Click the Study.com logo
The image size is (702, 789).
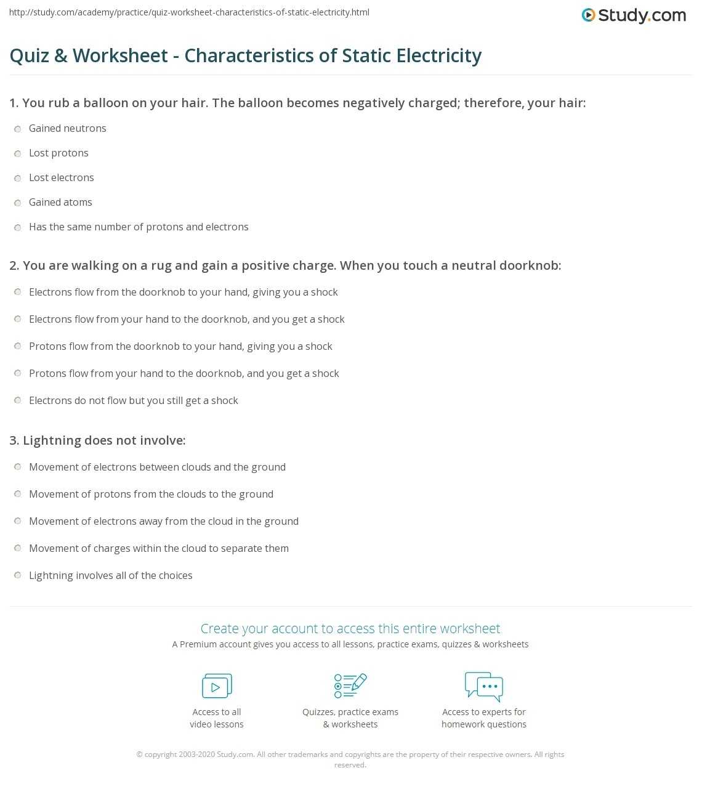point(634,15)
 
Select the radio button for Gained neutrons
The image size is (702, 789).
point(18,129)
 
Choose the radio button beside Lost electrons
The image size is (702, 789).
point(18,178)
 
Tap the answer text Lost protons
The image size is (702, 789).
point(58,153)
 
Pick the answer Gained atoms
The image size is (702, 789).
point(60,202)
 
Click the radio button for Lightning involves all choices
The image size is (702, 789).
point(18,576)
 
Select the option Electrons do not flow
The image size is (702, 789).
point(133,400)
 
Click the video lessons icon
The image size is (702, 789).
point(217,686)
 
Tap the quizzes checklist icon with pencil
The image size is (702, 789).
point(350,686)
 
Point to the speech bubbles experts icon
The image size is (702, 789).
point(484,686)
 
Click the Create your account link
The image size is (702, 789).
point(350,628)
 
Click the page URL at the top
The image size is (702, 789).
point(190,12)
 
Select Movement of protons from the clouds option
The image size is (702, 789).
point(151,494)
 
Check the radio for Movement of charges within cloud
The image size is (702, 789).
point(18,549)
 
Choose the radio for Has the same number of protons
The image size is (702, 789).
point(18,227)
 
